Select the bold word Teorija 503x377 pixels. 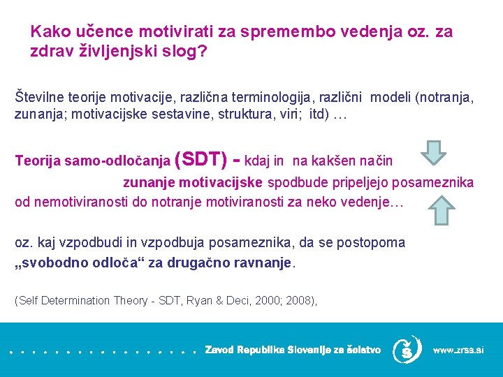[x=37, y=161]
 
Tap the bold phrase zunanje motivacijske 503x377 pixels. [x=193, y=183]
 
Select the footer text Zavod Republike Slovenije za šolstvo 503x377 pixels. [x=293, y=350]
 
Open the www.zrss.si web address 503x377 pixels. [x=458, y=350]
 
